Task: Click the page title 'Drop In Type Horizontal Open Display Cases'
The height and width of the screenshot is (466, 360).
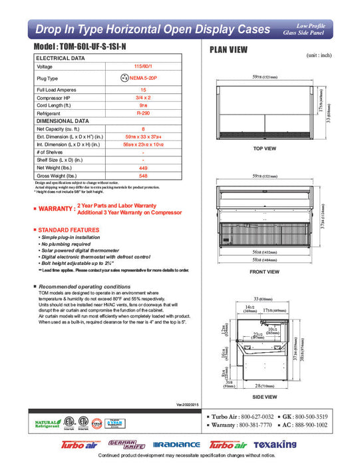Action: [x=152, y=29]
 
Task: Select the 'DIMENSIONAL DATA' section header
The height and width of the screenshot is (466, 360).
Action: [x=62, y=121]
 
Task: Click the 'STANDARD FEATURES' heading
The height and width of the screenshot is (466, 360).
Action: [x=69, y=230]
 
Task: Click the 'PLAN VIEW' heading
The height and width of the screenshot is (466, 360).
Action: [x=230, y=49]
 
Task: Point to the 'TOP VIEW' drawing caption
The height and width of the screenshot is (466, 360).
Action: [x=266, y=148]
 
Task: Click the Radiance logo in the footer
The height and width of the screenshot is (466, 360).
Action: [x=178, y=445]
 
